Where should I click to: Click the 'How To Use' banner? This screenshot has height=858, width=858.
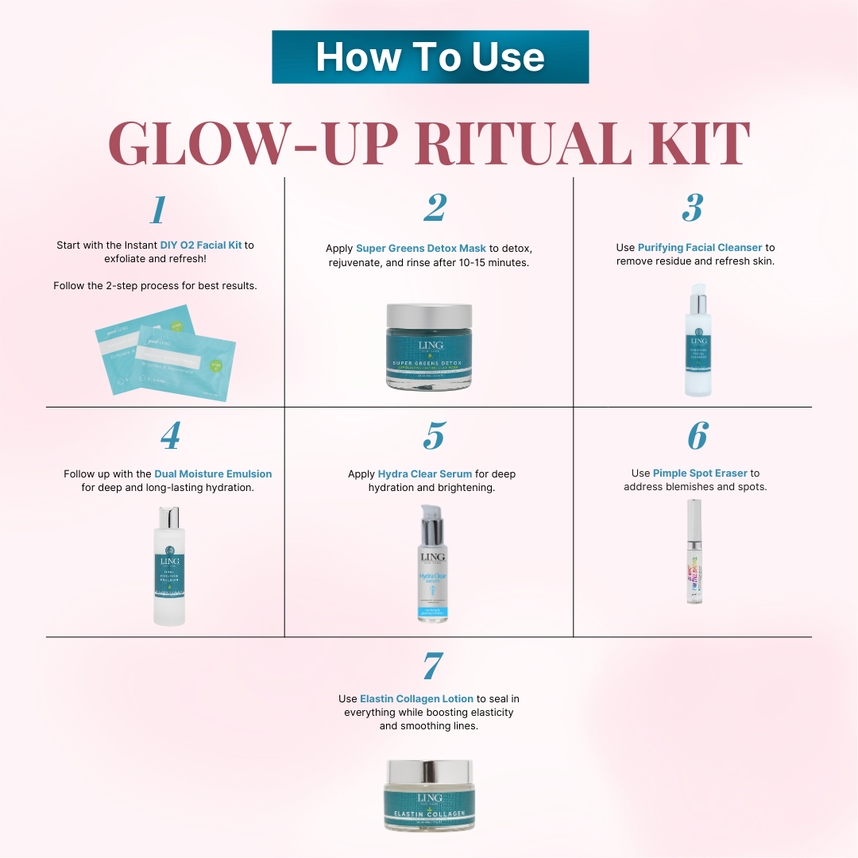[430, 57]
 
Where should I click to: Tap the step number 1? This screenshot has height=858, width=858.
[158, 210]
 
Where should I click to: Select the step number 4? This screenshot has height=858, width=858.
[169, 435]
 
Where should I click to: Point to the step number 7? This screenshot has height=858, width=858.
[432, 666]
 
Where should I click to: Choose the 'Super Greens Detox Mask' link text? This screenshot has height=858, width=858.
[420, 249]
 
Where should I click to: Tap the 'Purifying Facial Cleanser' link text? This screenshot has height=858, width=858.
[699, 248]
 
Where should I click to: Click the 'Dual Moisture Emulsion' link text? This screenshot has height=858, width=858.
[213, 474]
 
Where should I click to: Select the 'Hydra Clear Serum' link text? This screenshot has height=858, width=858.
[425, 474]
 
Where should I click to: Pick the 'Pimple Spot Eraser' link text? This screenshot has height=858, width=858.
[700, 473]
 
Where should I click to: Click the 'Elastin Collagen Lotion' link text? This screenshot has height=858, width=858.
[416, 699]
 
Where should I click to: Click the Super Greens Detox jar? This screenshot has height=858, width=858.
[429, 350]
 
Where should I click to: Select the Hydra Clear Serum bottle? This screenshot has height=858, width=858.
[433, 566]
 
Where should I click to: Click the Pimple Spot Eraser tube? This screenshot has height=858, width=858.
[694, 551]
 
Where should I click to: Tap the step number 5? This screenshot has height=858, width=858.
[433, 435]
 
